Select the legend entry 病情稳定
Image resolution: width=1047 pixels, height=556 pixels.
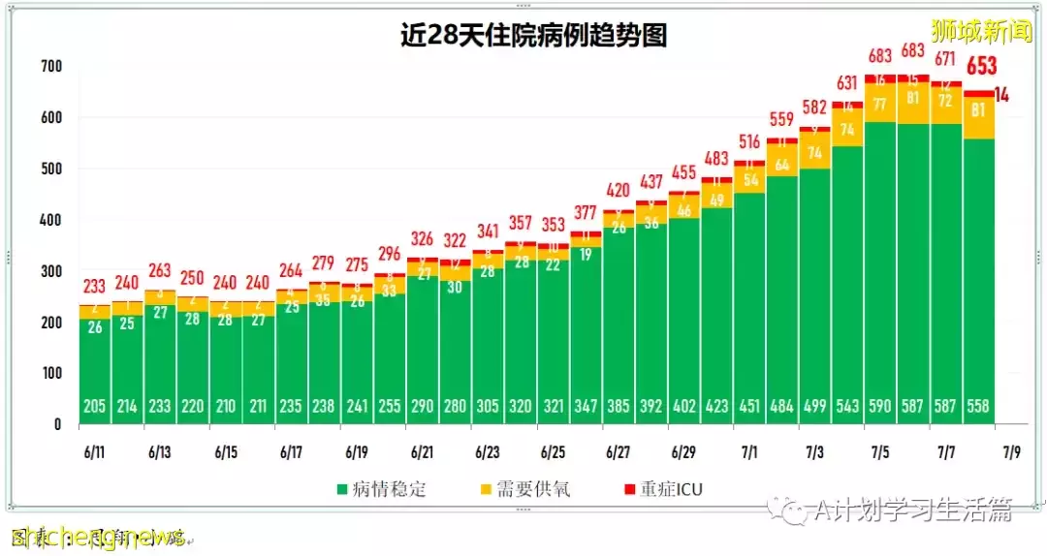pyautogui.click(x=382, y=489)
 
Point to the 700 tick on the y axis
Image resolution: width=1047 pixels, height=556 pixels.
pyautogui.click(x=50, y=67)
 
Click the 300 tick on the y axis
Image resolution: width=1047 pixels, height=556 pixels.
pyautogui.click(x=50, y=271)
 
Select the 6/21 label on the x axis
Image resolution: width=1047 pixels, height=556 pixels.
pyautogui.click(x=422, y=452)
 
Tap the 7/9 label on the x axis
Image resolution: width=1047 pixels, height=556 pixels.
pyautogui.click(x=1011, y=452)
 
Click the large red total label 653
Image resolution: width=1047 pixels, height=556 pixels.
pyautogui.click(x=981, y=67)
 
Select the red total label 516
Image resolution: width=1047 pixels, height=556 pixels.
pyautogui.click(x=749, y=141)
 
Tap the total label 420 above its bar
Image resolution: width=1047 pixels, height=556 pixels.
pyautogui.click(x=619, y=190)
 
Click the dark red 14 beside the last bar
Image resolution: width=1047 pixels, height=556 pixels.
pyautogui.click(x=1001, y=95)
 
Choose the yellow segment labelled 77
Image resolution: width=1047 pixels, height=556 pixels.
pyautogui.click(x=880, y=104)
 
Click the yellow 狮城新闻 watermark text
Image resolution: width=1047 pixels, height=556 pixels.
pyautogui.click(x=981, y=30)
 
